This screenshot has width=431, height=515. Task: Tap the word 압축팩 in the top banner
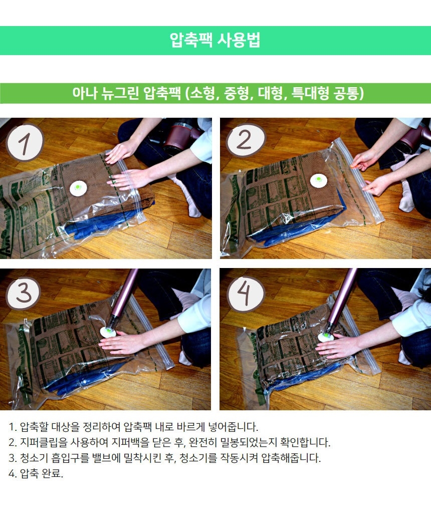(x=190, y=40)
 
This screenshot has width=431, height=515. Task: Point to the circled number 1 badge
(x=25, y=143)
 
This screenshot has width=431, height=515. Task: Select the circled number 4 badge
(x=246, y=293)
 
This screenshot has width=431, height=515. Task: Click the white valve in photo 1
(x=78, y=188)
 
